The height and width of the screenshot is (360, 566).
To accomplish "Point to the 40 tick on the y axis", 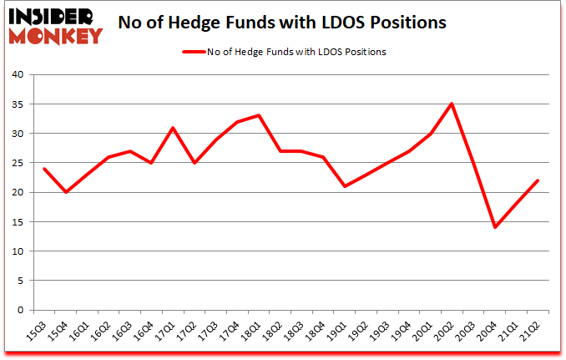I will (18, 74).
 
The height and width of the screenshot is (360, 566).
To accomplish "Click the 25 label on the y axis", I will (18, 163).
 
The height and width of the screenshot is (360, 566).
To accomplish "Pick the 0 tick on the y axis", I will (21, 311).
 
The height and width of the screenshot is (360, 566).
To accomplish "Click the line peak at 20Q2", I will (452, 104).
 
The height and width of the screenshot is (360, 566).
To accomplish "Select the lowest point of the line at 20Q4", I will (495, 227).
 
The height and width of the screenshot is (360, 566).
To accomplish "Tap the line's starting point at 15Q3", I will (44, 169).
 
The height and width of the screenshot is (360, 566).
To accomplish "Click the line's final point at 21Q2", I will (538, 180).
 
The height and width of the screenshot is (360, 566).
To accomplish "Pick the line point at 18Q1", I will (259, 115).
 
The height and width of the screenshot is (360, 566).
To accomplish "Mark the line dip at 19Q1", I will (345, 186).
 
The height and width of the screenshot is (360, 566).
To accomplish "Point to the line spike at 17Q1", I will (173, 127).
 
